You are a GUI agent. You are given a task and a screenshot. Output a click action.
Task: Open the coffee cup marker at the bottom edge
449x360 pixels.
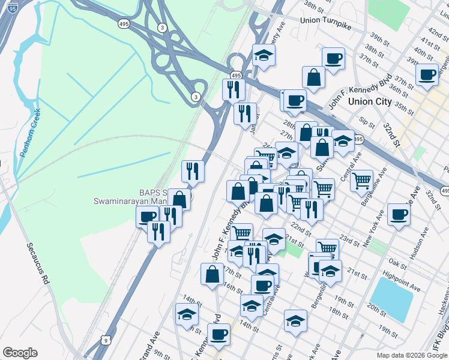coord(218,334)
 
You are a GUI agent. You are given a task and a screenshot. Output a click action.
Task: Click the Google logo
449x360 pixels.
coord(20,352)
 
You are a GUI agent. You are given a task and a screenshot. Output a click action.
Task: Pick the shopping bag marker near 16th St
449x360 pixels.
coord(212,274)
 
